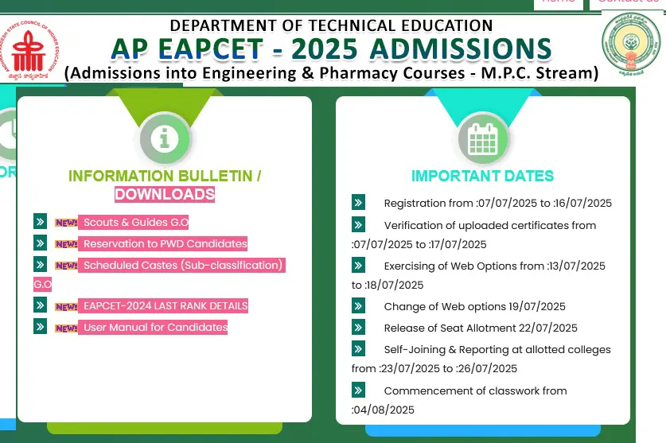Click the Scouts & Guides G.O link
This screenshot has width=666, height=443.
click(135, 223)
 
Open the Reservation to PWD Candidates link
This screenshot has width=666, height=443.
click(165, 243)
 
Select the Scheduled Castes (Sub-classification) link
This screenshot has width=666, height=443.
click(183, 265)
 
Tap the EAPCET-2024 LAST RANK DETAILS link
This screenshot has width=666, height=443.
click(166, 305)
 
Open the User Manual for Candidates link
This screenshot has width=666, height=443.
click(155, 327)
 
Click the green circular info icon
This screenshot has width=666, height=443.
click(165, 139)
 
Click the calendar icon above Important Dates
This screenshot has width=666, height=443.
click(483, 139)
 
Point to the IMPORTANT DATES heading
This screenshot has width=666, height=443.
click(482, 176)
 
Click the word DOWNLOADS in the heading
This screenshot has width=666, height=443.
click(165, 194)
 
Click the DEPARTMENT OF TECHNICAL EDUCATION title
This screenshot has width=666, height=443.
click(331, 25)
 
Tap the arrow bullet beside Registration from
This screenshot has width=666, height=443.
click(358, 203)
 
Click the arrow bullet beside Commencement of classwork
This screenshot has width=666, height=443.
click(358, 391)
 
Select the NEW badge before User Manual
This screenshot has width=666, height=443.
click(66, 328)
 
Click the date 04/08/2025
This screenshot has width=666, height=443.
click(384, 410)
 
